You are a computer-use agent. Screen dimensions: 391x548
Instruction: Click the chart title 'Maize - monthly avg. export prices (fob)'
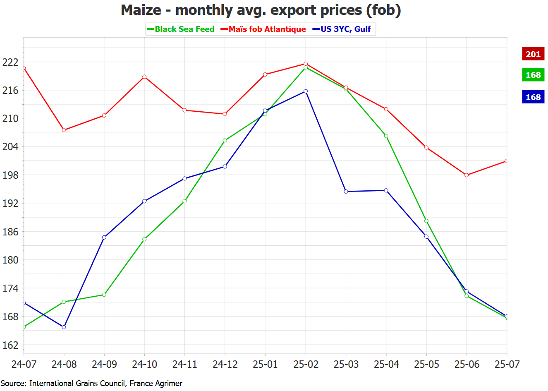pos(261,10)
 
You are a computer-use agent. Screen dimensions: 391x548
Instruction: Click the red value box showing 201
pos(533,54)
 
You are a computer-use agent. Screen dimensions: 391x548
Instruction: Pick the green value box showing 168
pos(533,75)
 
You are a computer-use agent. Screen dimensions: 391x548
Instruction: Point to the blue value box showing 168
pos(533,97)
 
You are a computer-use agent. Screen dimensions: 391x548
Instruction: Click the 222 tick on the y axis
pos(10,62)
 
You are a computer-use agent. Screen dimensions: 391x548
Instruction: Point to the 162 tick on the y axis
pos(10,345)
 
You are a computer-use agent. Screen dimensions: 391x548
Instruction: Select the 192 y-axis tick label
pos(10,203)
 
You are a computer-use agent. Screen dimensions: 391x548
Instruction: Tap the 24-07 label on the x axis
pos(24,364)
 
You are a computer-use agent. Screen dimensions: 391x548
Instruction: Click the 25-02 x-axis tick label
pos(306,364)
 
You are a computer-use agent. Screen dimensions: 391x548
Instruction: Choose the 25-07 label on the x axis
pos(507,364)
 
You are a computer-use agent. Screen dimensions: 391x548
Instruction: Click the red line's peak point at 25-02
pos(306,64)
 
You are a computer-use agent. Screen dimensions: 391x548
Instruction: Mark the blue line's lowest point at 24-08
pos(64,327)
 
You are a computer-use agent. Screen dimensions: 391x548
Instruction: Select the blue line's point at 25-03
pos(346,192)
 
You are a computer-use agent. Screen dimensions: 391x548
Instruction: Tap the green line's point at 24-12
pos(225,141)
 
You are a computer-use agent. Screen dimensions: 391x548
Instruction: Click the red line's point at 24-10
pos(144,77)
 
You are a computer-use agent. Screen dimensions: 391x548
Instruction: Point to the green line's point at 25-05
pos(426,221)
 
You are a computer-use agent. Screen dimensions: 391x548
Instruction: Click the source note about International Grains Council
pos(91,383)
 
